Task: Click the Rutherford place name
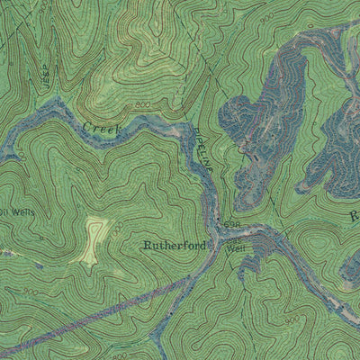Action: coord(174,245)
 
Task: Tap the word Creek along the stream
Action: coord(101,129)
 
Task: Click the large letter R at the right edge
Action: coord(354,216)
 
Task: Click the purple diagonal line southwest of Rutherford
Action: coord(99,310)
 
